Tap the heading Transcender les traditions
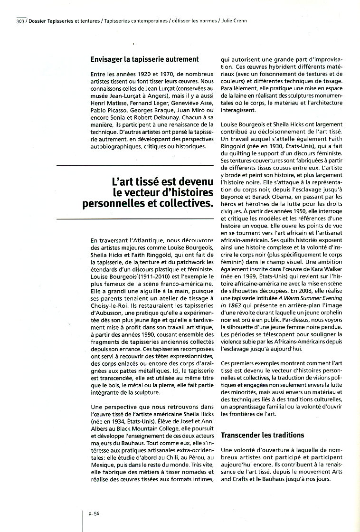click(263, 435)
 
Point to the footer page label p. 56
click(94, 513)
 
